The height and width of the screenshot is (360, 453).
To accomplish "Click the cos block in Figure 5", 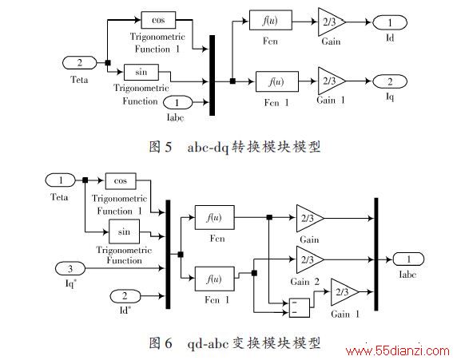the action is click(x=158, y=20).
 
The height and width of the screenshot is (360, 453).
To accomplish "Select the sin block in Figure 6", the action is click(x=124, y=231).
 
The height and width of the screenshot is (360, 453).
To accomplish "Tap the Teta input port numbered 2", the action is click(x=80, y=62).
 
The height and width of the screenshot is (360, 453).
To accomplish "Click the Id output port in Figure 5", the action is click(x=390, y=22).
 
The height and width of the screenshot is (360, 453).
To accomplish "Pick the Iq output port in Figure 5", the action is click(x=390, y=81).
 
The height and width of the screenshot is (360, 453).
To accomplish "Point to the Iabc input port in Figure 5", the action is click(x=177, y=102).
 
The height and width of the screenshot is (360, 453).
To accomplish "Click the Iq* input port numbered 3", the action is click(x=70, y=268).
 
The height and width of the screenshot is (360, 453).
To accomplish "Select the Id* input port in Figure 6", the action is click(x=125, y=296).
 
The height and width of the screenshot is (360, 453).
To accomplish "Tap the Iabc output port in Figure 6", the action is click(x=408, y=259).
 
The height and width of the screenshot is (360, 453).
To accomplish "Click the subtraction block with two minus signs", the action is click(x=300, y=308).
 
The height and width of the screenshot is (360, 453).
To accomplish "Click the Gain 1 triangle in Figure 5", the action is click(x=332, y=81).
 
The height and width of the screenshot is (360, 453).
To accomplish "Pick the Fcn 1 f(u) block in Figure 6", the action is click(x=215, y=279).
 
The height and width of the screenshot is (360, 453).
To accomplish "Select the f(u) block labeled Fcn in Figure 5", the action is click(x=270, y=20).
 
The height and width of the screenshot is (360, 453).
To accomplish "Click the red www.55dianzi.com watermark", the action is click(x=398, y=351).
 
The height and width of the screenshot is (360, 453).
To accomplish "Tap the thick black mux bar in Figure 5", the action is click(x=212, y=75).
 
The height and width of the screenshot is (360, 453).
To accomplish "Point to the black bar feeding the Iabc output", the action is click(x=376, y=254).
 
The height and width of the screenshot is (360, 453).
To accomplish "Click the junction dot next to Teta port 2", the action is click(x=108, y=62).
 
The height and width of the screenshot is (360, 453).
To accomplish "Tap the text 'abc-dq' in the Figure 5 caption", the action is click(x=208, y=147).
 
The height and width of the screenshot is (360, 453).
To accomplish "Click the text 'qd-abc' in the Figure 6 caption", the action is click(x=208, y=343).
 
